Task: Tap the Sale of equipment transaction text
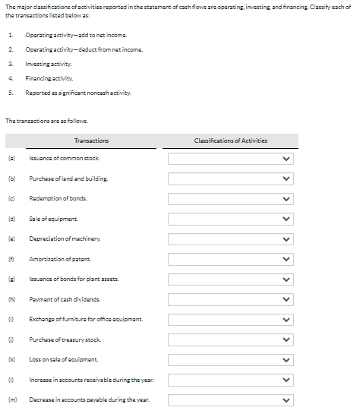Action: (52, 219)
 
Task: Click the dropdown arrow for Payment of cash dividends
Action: (286, 298)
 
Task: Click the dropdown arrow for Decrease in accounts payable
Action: (286, 399)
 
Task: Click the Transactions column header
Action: (92, 141)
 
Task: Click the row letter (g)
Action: (11, 279)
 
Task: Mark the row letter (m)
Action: (11, 399)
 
